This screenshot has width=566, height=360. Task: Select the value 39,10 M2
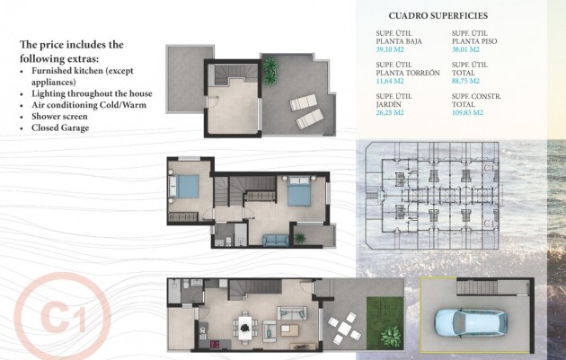(390, 50)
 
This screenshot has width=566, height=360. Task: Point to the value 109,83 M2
(467, 113)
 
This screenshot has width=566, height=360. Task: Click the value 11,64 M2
(390, 82)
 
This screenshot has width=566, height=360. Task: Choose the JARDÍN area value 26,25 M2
(390, 113)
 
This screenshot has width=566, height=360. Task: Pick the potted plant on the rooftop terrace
(270, 68)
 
